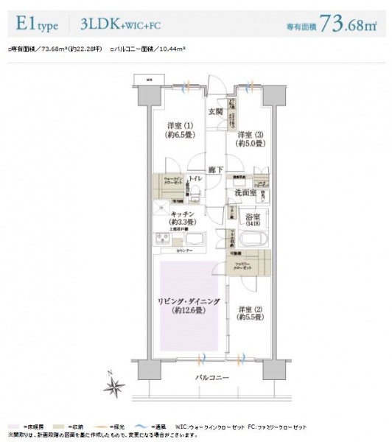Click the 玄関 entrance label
pyautogui.click(x=215, y=112)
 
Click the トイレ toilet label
pyautogui.click(x=195, y=180)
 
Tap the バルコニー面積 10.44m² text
pyautogui.click(x=147, y=49)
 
